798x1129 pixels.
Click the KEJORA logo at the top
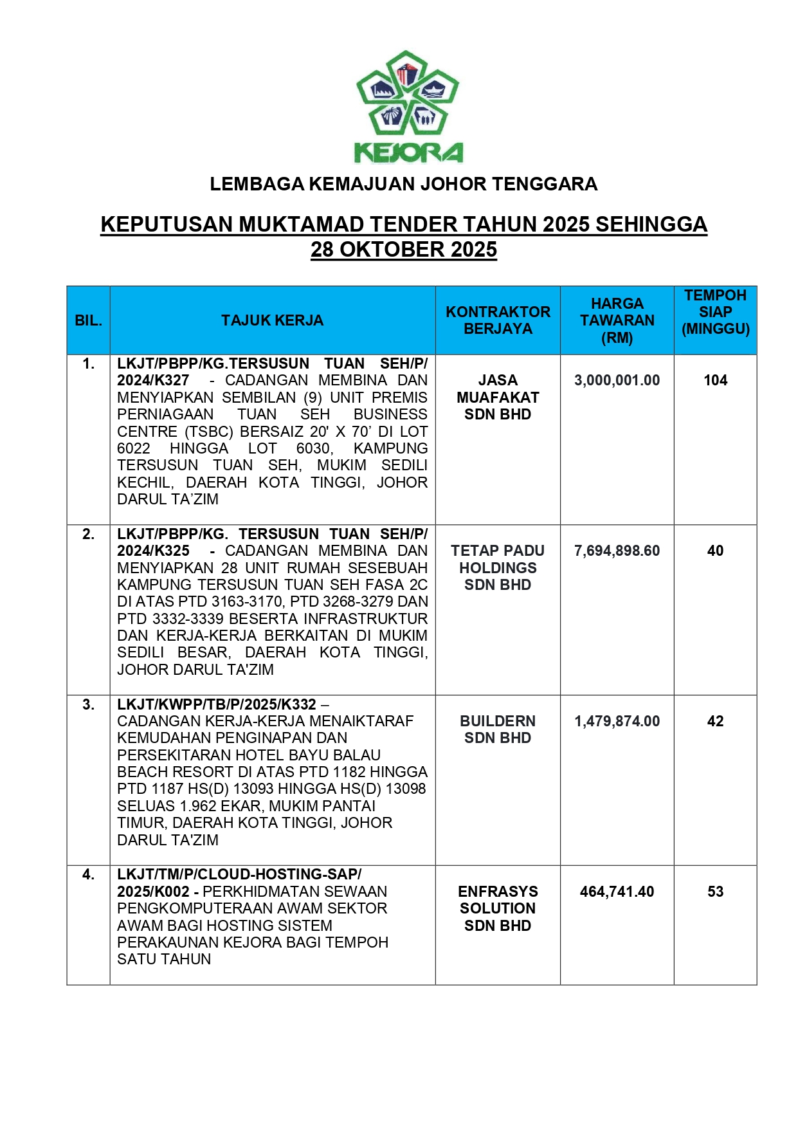tap(408, 107)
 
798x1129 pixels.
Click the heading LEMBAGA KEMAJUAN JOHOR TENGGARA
tap(403, 185)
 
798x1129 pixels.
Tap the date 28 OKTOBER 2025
tap(404, 250)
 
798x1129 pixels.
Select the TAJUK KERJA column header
tap(272, 320)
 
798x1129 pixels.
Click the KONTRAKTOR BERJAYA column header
tap(498, 320)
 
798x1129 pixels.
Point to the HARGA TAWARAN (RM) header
tap(617, 320)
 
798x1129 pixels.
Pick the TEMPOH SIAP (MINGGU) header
tap(715, 313)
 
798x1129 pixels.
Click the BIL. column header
tap(88, 320)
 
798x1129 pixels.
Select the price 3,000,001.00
tap(617, 380)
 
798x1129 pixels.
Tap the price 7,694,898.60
tap(617, 551)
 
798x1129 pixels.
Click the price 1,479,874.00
tap(617, 721)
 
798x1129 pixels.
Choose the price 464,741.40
tap(617, 892)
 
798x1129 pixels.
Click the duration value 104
tap(715, 380)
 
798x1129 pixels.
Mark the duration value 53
tap(715, 892)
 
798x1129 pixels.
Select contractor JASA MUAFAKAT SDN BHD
tap(498, 398)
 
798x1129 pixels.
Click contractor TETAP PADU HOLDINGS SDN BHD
tap(498, 568)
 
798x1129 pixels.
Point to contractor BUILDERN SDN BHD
tap(498, 730)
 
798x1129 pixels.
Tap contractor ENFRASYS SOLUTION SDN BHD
tap(498, 908)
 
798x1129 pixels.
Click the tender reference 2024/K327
tap(153, 380)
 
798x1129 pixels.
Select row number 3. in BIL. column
tap(88, 704)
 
